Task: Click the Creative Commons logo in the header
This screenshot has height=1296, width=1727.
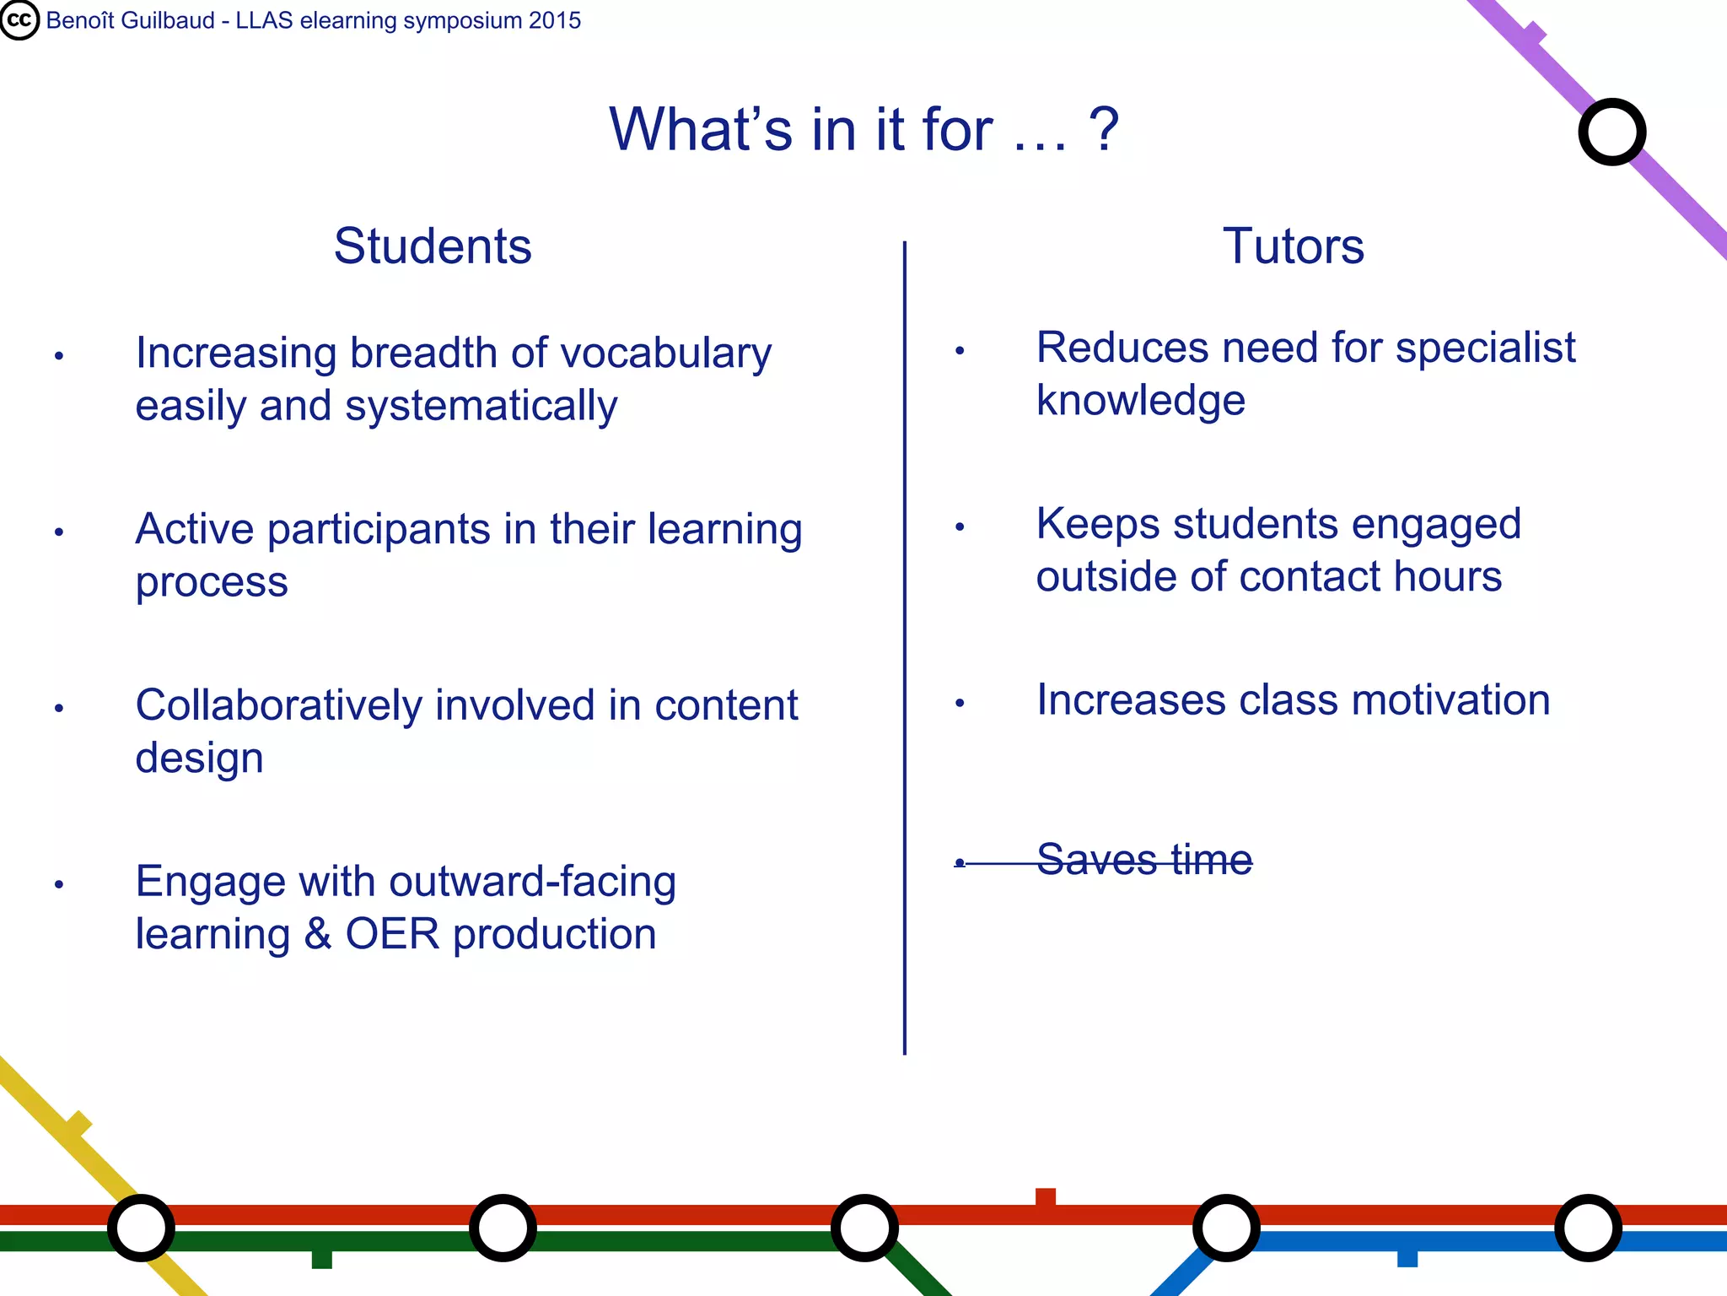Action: [19, 20]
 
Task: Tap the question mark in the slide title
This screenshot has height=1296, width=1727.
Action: [1104, 130]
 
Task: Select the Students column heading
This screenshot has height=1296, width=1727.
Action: [433, 246]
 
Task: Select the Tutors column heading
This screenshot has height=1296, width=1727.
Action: [1293, 246]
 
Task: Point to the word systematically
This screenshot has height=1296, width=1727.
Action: [481, 407]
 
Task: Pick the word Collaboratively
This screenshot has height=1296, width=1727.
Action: [278, 705]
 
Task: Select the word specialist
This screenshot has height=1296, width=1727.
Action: [1485, 348]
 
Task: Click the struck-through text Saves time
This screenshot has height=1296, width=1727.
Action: [1143, 860]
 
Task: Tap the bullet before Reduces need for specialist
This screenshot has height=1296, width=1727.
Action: [960, 351]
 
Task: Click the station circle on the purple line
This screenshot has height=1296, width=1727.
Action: [1611, 132]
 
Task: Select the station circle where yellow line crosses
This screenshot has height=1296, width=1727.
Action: [141, 1228]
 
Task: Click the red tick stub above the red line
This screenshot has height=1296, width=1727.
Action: [1046, 1196]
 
